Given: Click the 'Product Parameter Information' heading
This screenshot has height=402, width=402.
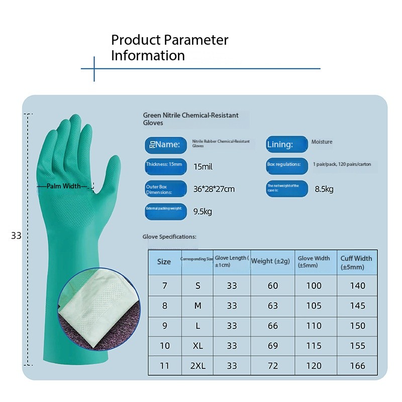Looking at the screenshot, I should pos(169,47).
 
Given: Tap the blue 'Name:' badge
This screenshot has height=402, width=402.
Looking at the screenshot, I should pos(163,145).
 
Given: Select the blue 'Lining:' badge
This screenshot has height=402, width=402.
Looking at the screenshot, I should pos(286,145).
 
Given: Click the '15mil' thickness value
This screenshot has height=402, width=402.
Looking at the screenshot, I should pos(203,166).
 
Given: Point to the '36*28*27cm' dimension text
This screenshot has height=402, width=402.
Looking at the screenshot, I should pos(214,189).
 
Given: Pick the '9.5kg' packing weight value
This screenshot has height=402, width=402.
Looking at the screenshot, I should pos(203,212).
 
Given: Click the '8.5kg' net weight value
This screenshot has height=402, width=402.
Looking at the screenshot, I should pos(324,189).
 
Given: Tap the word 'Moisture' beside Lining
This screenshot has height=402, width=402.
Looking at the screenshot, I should pos(322,142).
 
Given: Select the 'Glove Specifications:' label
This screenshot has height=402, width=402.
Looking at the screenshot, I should pos(169,237).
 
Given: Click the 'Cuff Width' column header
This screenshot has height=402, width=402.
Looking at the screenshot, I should pos(356,262).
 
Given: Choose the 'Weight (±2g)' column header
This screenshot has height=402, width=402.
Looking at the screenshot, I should pos(270,261).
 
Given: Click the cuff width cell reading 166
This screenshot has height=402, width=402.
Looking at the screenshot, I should pos(357,366).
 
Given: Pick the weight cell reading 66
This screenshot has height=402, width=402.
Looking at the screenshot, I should pos(272,326).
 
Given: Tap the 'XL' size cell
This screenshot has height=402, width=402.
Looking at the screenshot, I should pos(197,346).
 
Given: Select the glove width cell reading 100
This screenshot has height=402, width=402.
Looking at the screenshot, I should pos(314,285).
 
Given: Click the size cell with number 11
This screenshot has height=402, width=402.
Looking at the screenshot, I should pos(164,366).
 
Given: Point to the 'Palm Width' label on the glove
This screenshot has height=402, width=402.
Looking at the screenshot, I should pos(64,186).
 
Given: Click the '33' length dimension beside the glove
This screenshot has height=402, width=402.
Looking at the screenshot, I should pos(16,235).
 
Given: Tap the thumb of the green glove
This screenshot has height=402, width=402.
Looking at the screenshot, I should pos(110,171).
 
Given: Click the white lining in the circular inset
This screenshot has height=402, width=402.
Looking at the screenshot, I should pos(90,301).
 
